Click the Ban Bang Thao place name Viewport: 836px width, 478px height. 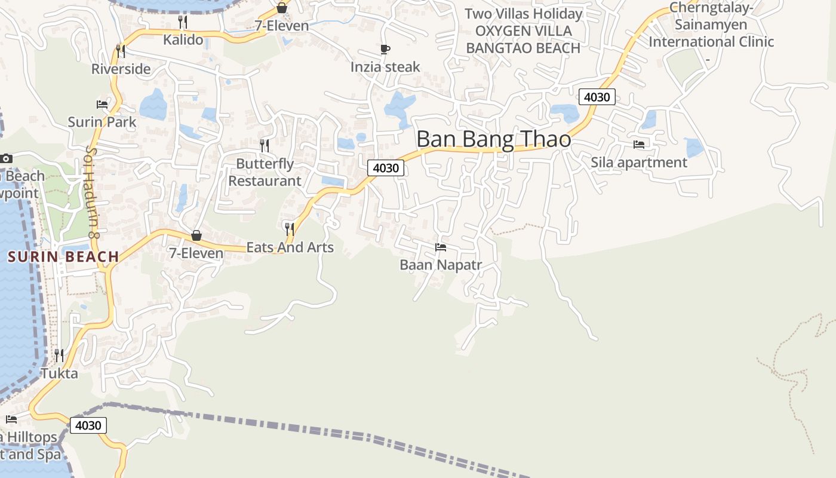[x=493, y=139]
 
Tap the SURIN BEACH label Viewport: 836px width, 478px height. [x=63, y=257]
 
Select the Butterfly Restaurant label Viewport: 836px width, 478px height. [x=265, y=172]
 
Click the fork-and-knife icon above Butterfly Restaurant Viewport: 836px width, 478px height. [x=265, y=145]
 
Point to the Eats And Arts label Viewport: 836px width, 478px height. [x=290, y=247]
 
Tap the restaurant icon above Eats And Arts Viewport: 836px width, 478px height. [x=290, y=229]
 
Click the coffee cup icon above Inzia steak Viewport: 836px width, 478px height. [x=385, y=49]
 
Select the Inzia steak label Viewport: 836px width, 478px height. [x=385, y=67]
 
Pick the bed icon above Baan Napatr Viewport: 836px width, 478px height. [x=441, y=247]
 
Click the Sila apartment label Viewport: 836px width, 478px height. [x=639, y=162]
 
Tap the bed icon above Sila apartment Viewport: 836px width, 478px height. [x=639, y=144]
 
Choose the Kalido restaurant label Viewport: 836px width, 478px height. [x=183, y=40]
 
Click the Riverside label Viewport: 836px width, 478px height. [x=121, y=69]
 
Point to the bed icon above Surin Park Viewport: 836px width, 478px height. [x=102, y=105]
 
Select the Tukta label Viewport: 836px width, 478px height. [x=59, y=373]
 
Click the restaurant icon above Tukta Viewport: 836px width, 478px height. [x=59, y=356]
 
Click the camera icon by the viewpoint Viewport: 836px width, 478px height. [x=6, y=158]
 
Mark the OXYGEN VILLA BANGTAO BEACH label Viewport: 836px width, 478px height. [x=523, y=39]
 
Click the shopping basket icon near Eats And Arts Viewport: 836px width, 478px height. [x=196, y=235]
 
